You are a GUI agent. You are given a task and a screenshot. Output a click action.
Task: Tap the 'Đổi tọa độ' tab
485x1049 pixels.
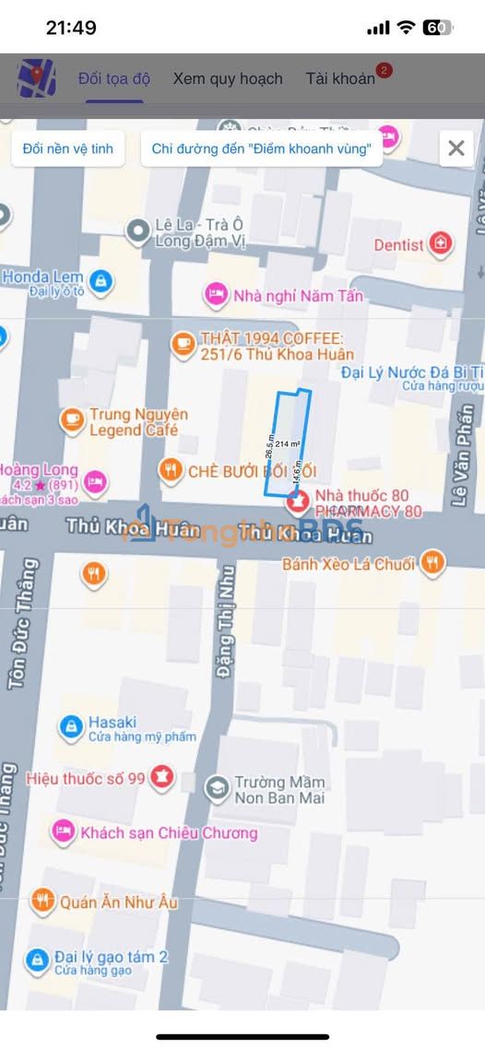point(114,78)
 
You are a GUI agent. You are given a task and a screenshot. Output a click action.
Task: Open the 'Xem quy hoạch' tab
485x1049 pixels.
point(228,78)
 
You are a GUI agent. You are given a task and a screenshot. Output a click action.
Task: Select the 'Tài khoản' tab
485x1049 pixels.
point(340,78)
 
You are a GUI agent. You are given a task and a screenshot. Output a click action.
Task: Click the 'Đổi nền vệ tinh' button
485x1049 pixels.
point(68,148)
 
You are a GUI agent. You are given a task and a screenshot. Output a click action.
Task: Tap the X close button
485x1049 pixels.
point(455,147)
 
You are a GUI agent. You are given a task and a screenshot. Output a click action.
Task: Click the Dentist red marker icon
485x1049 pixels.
point(442,244)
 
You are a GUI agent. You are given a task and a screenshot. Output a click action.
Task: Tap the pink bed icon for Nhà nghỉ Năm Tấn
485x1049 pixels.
point(216,295)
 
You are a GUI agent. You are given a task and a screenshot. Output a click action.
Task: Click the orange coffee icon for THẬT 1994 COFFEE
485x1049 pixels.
point(183,345)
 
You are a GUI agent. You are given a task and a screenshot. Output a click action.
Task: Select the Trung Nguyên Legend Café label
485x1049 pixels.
point(138,422)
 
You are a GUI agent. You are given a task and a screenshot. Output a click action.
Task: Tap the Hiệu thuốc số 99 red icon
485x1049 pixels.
point(162,777)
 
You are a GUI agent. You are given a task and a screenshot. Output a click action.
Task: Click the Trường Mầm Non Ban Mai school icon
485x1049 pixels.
point(217,788)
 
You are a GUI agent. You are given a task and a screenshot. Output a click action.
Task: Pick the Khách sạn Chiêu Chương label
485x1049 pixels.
point(169,832)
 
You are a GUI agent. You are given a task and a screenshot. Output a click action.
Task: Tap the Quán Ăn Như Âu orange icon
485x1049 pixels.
point(42,902)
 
